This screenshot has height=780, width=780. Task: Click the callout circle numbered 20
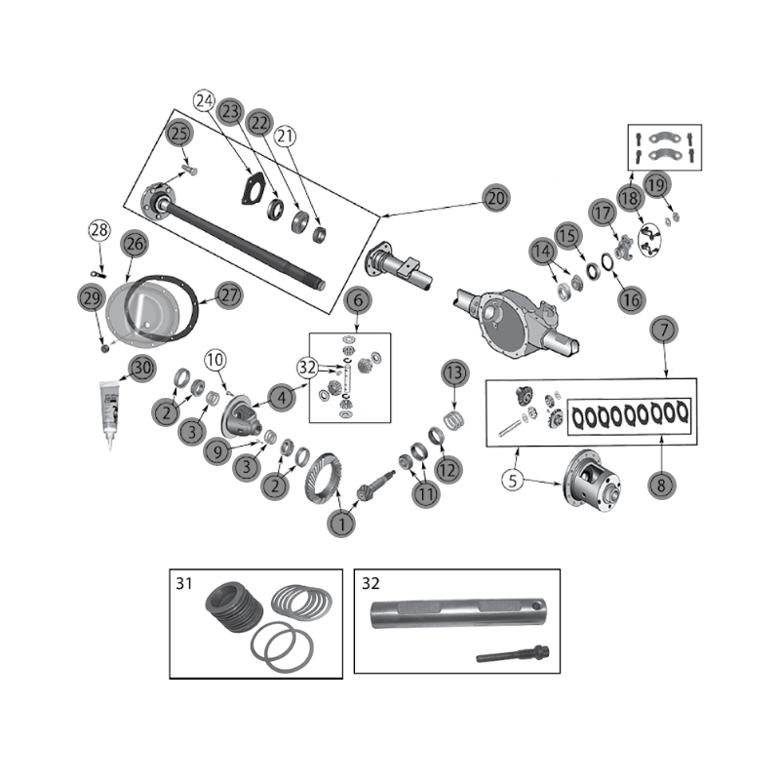pos(496,199)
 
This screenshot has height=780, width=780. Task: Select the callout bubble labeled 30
pos(142,368)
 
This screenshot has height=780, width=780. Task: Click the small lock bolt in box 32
pos(514,655)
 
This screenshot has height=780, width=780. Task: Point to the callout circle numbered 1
pos(339,523)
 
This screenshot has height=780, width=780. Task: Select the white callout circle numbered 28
pos(98,230)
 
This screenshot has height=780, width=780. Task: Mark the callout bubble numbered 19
pos(654,183)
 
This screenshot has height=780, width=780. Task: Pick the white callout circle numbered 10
pos(214,361)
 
